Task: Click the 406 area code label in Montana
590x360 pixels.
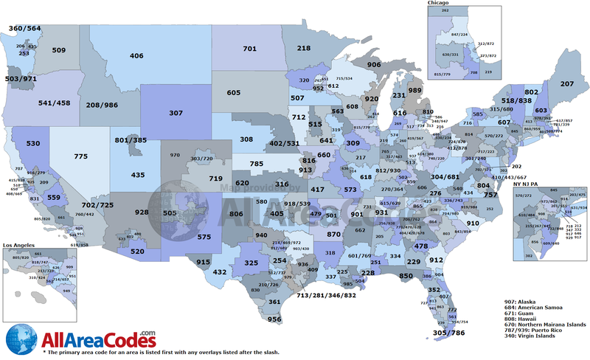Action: click(x=136, y=56)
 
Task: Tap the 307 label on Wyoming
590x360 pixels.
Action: click(x=175, y=114)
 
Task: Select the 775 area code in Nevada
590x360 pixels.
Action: click(x=81, y=157)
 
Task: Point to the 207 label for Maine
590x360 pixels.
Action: click(x=566, y=84)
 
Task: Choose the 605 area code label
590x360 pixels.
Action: click(x=234, y=93)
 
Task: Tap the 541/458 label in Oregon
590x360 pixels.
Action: click(x=53, y=103)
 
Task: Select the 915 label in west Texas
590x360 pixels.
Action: click(x=204, y=262)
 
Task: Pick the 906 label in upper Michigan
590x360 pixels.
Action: click(x=374, y=65)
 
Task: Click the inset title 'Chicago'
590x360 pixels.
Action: click(x=439, y=4)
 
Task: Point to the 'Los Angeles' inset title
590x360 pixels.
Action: click(x=21, y=244)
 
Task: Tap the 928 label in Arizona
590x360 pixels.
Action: click(x=142, y=212)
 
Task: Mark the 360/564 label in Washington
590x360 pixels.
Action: click(x=24, y=28)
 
